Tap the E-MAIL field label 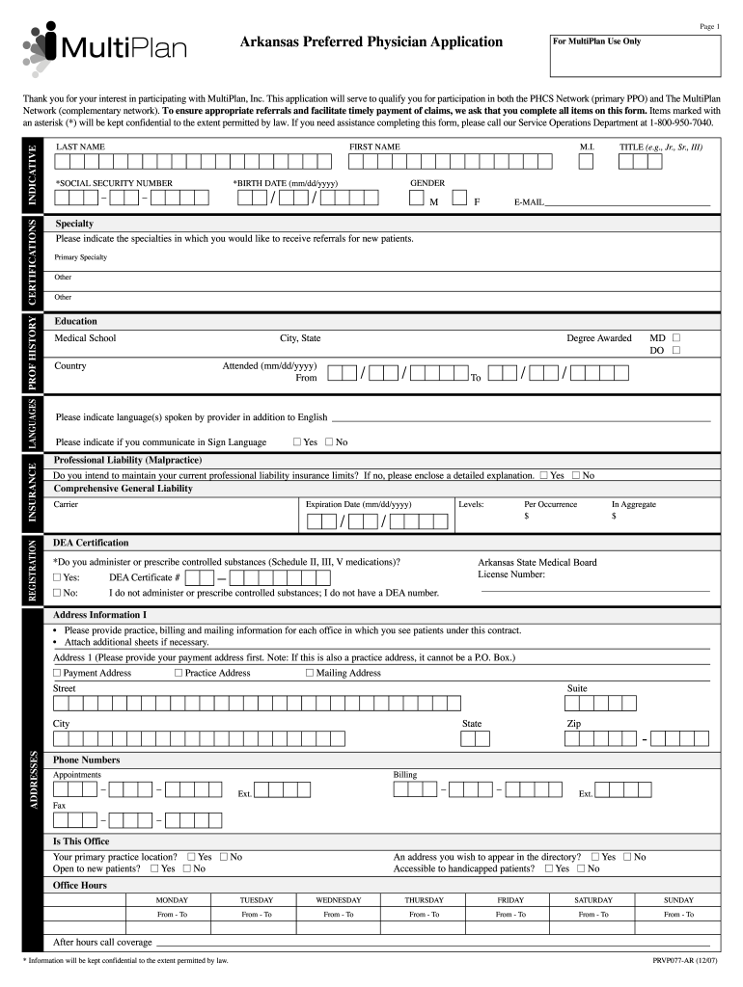pos(530,203)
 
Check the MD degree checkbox pos(675,338)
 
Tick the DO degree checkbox pos(675,351)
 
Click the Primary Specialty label pos(80,257)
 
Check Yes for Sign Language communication pos(296,442)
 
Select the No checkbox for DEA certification pos(58,593)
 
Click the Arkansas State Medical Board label pos(537,562)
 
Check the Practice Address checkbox pos(179,673)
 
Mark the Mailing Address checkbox pos(309,673)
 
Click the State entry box pos(475,739)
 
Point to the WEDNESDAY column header pos(338,899)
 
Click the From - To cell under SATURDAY pos(593,915)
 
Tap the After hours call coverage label pos(102,942)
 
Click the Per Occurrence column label pos(550,504)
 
